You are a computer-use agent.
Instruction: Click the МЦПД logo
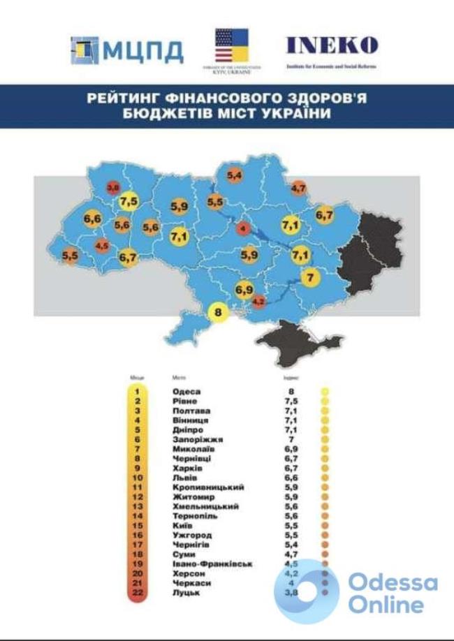pos(127,50)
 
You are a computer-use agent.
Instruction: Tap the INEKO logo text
pos(331,46)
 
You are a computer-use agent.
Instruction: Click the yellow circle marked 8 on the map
pos(218,313)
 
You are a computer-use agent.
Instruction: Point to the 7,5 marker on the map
pos(129,202)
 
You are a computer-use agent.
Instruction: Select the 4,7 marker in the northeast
pos(298,187)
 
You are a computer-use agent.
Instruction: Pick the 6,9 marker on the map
pos(244,288)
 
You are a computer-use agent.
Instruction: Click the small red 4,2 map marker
pos(258,302)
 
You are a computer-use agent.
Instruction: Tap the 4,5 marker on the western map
pos(102,245)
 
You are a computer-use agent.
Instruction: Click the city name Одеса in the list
pos(186,392)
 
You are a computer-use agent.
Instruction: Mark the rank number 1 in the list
pos(137,392)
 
